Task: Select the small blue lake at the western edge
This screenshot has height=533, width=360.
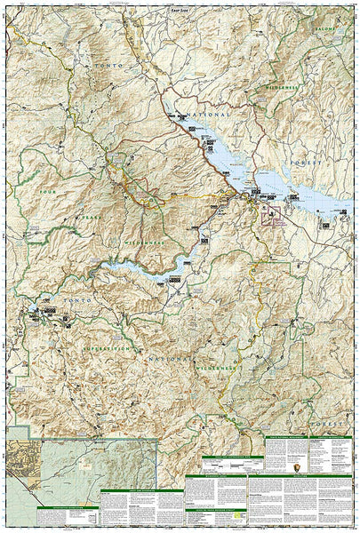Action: [x=37, y=310]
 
